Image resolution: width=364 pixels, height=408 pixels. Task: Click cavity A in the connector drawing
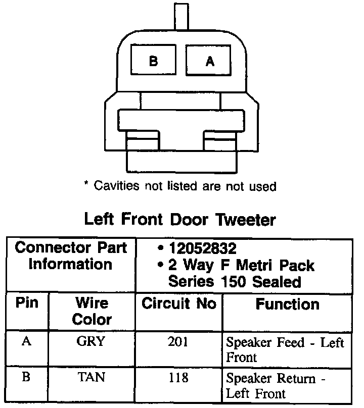coord(210,62)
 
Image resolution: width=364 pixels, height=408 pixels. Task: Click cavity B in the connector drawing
coord(154,62)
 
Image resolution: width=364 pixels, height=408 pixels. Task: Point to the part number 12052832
coord(204,249)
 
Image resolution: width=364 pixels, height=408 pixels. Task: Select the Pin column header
coord(27,303)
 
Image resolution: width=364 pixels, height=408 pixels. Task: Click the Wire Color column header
coord(92,311)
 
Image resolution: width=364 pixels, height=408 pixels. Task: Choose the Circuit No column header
coord(178,303)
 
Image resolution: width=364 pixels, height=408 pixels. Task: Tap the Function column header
coord(287,304)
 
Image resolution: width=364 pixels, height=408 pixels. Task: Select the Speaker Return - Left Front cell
coord(276,385)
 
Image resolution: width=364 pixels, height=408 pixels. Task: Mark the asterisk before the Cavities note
coord(86,185)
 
